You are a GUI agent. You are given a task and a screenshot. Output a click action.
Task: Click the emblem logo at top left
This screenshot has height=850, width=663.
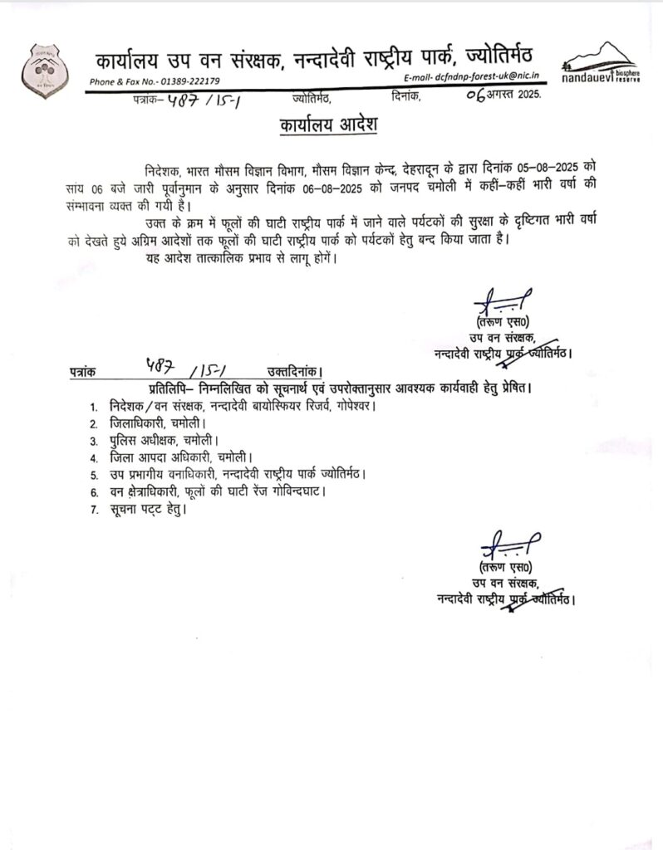[39, 69]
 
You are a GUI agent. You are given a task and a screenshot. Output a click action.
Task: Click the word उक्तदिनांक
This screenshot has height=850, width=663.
[290, 372]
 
